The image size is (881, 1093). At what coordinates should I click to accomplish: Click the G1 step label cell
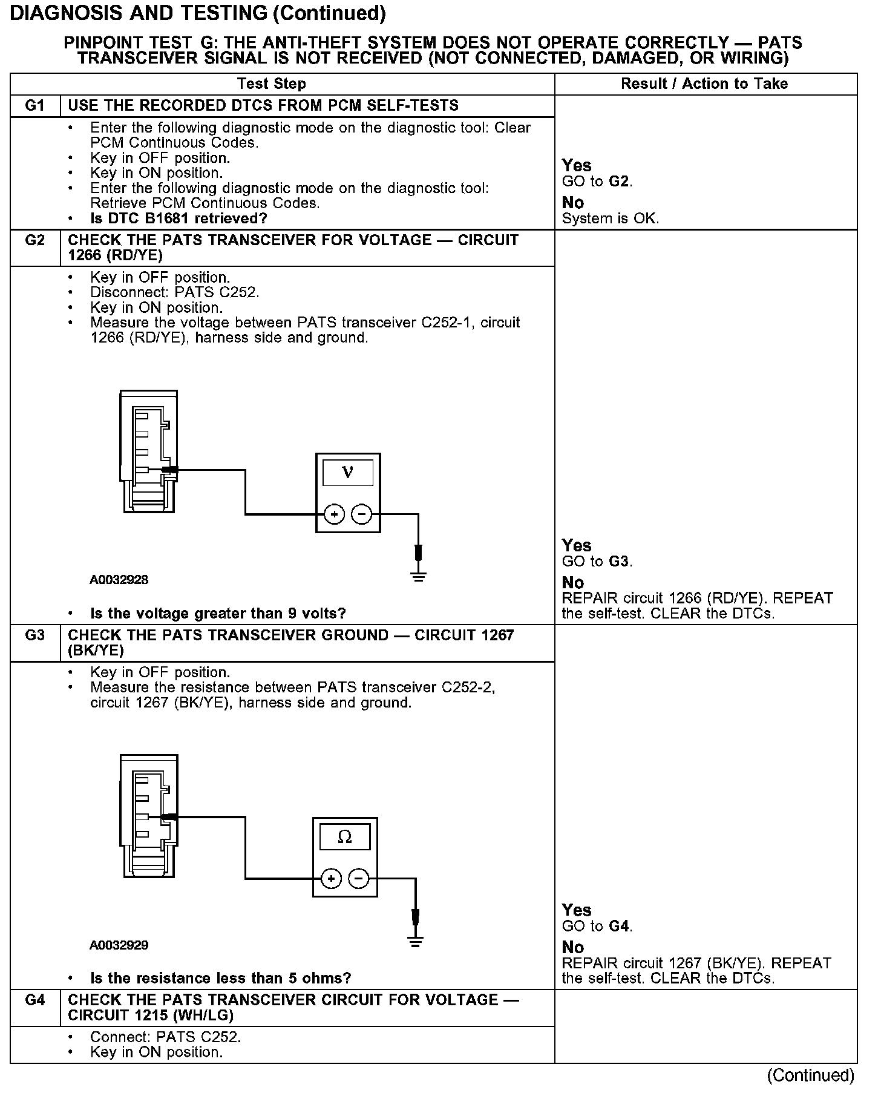tap(35, 106)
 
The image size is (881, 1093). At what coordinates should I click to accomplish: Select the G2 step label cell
tap(35, 241)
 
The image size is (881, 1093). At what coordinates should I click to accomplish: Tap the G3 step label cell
tap(35, 635)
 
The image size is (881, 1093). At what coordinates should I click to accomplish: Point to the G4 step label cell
tap(35, 1000)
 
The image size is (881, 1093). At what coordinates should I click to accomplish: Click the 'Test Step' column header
tap(272, 84)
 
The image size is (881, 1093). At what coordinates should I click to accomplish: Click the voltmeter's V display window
tap(348, 473)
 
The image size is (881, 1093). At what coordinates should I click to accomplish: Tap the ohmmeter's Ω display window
tap(344, 837)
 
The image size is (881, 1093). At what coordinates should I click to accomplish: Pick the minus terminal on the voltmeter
tap(362, 514)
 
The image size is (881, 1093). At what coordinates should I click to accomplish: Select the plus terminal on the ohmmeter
tap(331, 879)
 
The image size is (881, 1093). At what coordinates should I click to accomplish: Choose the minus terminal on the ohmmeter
tap(359, 879)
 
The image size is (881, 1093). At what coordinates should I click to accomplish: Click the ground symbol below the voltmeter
tap(418, 576)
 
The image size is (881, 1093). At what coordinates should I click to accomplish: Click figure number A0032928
tap(119, 580)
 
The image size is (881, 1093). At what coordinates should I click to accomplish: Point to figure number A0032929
tap(119, 945)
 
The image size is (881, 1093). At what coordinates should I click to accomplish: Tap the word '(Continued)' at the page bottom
tap(811, 1075)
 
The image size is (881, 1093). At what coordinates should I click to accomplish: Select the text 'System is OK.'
tap(610, 218)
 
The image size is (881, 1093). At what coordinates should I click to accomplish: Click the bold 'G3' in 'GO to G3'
tap(619, 562)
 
